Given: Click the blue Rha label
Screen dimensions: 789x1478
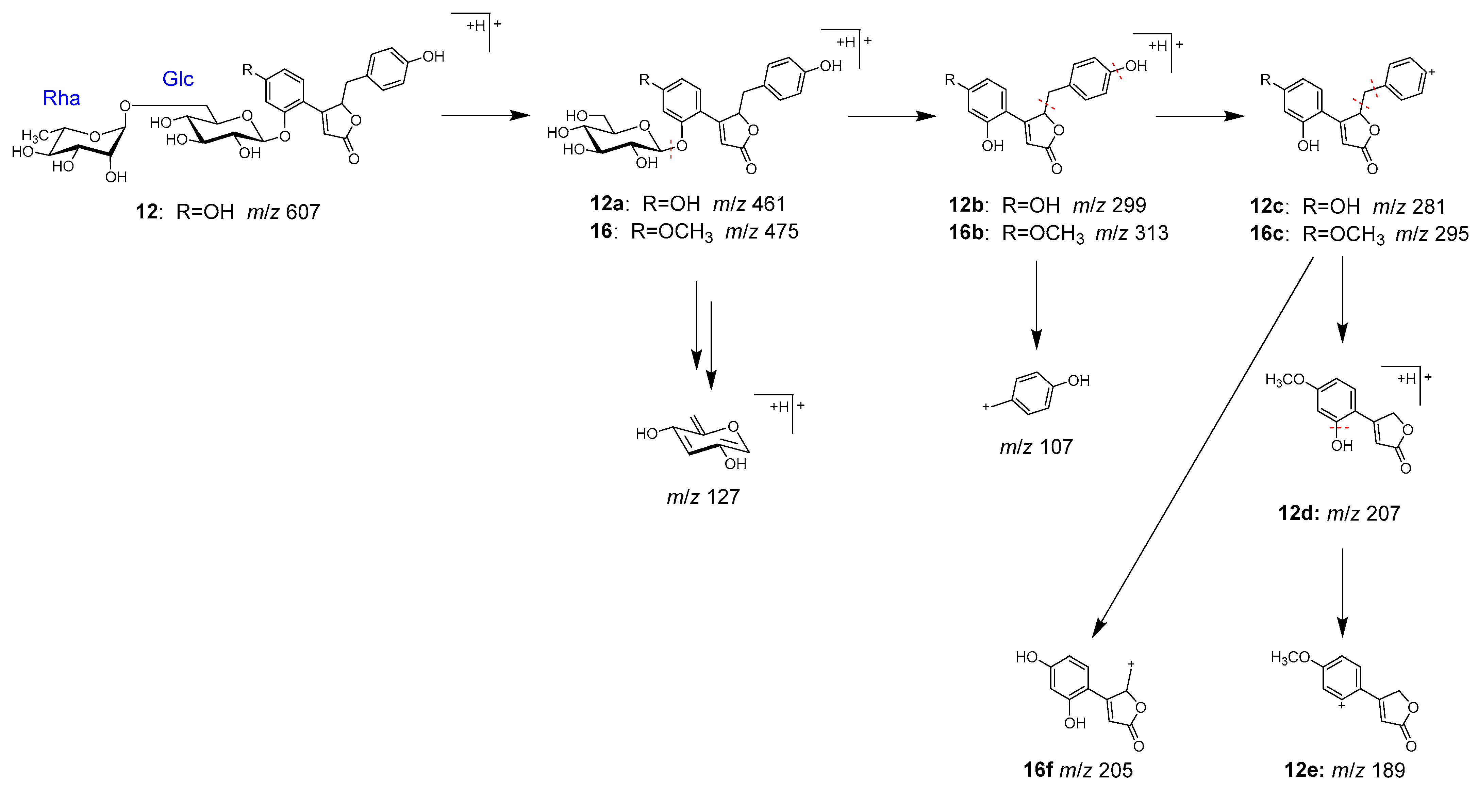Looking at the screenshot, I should click(x=61, y=99).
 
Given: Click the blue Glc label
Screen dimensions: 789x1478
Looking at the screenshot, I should click(x=178, y=79).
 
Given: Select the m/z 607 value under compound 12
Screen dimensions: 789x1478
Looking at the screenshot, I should click(x=283, y=212).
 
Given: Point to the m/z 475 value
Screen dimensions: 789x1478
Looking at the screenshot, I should click(x=762, y=231).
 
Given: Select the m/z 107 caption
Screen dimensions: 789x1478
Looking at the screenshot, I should click(x=1036, y=446).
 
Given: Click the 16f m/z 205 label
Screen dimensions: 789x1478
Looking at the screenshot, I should click(x=1078, y=770).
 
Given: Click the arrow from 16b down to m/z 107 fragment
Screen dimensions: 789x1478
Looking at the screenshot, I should click(x=1036, y=304).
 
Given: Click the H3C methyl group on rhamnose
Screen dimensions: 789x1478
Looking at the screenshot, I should click(x=34, y=135).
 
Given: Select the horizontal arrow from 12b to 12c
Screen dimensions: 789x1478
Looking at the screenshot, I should click(x=1199, y=116).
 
